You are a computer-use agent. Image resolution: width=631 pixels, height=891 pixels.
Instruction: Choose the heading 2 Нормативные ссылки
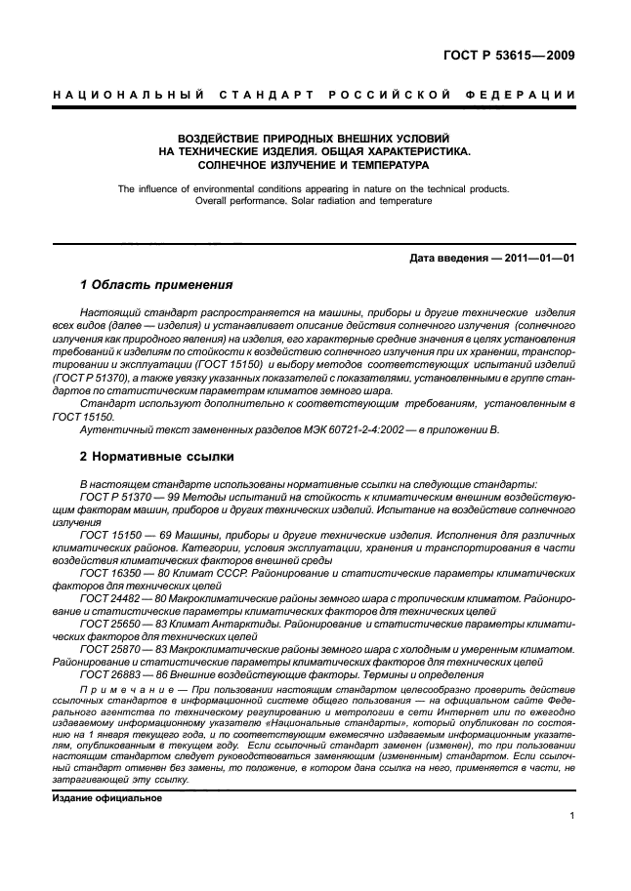pos(157,456)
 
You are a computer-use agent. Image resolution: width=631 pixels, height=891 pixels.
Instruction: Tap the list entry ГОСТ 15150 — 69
pos(123,536)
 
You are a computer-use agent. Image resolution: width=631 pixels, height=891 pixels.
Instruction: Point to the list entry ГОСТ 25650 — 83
pos(123,622)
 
